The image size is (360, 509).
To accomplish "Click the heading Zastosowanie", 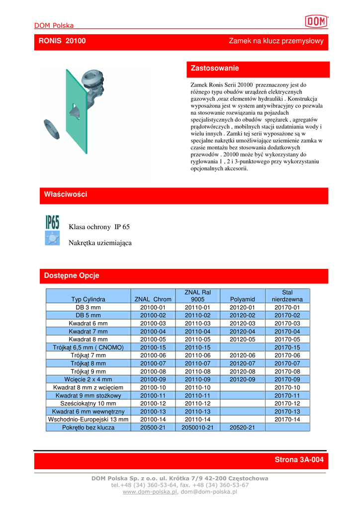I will click(215, 68).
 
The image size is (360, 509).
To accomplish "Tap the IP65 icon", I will click(52, 222).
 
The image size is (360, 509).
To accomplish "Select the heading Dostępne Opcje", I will click(72, 275).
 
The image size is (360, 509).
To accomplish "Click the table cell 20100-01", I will click(153, 308).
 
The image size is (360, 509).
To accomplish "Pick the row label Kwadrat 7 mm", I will click(88, 332).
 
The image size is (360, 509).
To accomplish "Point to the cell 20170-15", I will click(287, 347).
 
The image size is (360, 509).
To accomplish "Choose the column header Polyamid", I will click(242, 299).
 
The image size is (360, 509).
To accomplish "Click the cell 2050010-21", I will click(197, 427).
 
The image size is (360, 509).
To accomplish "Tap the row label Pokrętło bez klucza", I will click(88, 427).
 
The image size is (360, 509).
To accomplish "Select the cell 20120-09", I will click(242, 379).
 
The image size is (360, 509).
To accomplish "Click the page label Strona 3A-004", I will click(299, 460).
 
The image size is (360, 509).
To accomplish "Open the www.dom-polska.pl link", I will click(150, 492).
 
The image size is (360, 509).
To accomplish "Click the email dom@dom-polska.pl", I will click(208, 492).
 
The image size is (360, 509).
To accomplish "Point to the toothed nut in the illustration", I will click(52, 130).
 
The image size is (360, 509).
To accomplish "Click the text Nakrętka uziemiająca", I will click(100, 243).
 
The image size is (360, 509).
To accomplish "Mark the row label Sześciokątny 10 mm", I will click(88, 404).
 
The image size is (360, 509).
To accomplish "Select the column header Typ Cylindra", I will click(88, 299).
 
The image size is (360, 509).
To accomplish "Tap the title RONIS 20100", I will click(62, 41).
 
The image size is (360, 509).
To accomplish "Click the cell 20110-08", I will click(197, 371).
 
